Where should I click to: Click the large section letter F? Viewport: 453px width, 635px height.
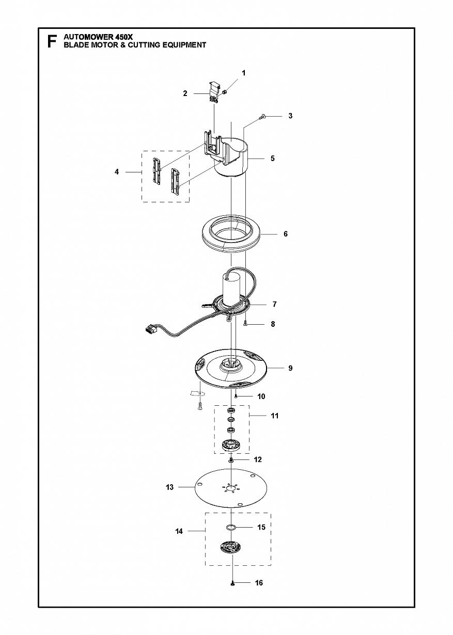pyautogui.click(x=52, y=41)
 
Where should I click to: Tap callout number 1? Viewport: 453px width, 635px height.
pyautogui.click(x=243, y=73)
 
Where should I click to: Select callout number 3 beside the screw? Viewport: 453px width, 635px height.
pyautogui.click(x=290, y=116)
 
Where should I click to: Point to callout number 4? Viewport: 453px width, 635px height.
pyautogui.click(x=117, y=172)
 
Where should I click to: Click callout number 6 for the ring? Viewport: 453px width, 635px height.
pyautogui.click(x=285, y=234)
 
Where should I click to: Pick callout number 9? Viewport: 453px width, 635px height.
pyautogui.click(x=290, y=368)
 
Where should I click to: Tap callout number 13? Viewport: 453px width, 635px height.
pyautogui.click(x=169, y=487)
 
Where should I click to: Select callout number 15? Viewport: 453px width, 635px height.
pyautogui.click(x=261, y=527)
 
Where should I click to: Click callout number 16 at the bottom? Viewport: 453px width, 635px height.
pyautogui.click(x=259, y=582)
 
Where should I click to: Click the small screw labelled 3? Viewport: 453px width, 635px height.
pyautogui.click(x=262, y=116)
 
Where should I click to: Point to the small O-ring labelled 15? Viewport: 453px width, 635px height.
pyautogui.click(x=231, y=527)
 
